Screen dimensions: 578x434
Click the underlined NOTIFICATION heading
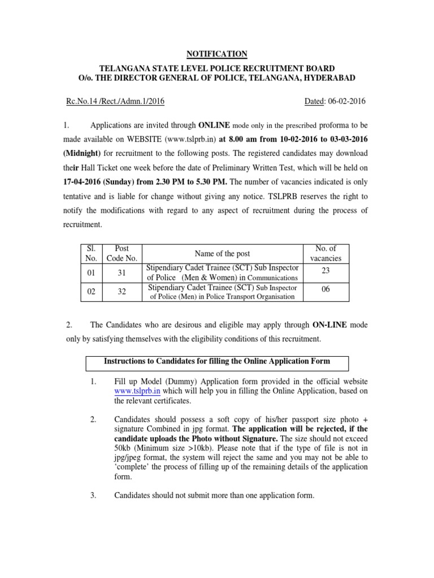(217, 54)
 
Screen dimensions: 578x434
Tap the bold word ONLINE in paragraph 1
(212, 124)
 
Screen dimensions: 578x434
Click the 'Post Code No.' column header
(121, 253)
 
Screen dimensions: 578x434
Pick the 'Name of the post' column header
(222, 254)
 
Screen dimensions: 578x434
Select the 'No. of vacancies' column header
(325, 253)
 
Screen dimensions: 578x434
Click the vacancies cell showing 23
(325, 271)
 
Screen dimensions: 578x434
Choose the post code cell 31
(121, 273)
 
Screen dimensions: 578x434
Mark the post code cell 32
(121, 292)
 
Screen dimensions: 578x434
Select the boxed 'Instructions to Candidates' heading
(216, 361)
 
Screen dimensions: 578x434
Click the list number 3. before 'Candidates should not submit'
(93, 496)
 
